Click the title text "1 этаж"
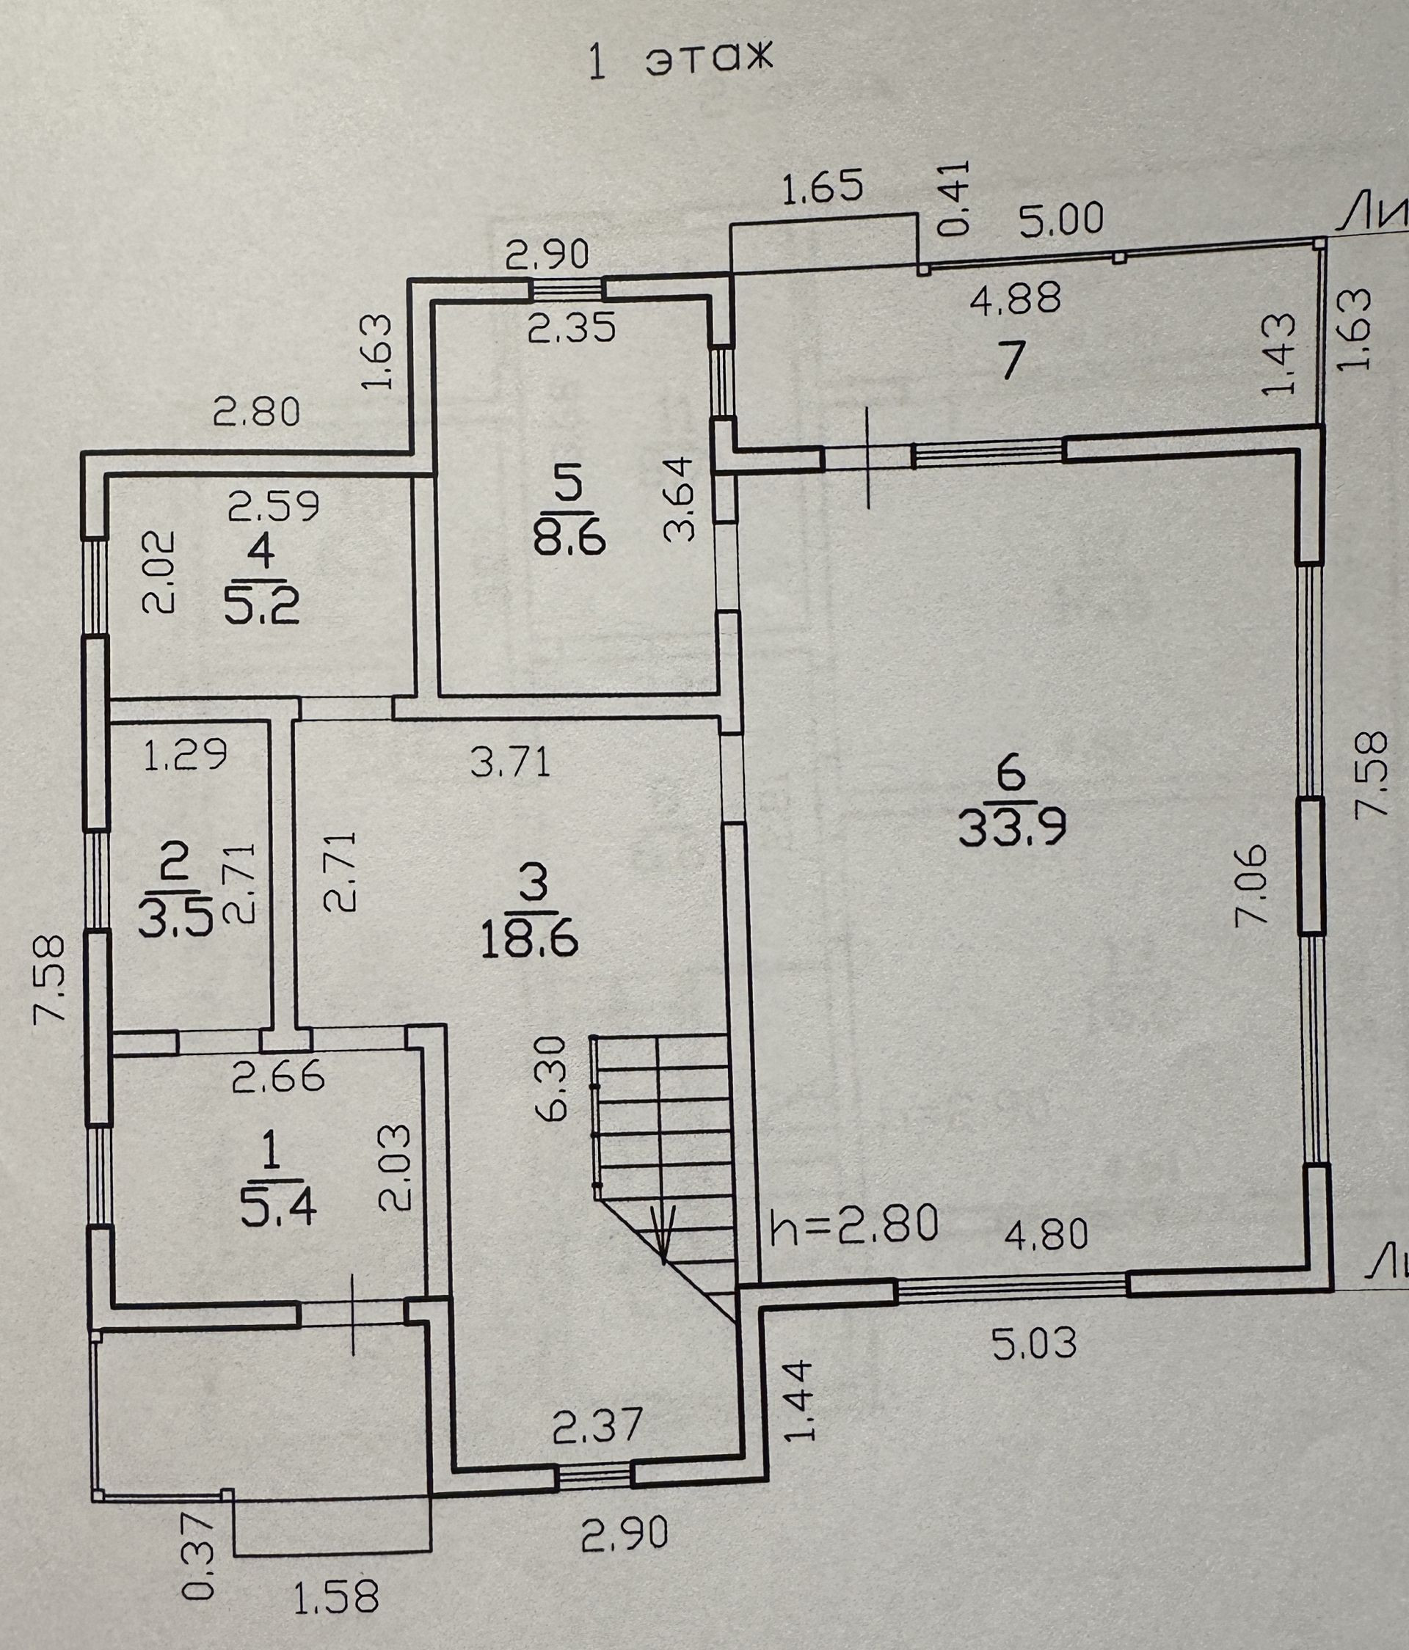point(680,63)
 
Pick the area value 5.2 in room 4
point(262,609)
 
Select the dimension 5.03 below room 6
point(1034,1344)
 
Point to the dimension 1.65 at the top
point(822,188)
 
